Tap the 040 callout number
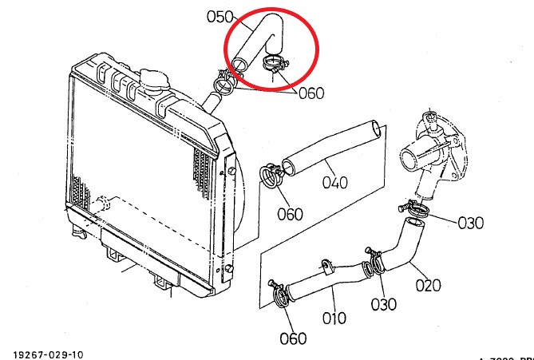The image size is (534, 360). tap(335, 182)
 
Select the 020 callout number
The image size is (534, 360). tap(428, 285)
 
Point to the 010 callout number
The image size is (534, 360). tap(334, 318)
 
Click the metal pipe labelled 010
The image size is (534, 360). tap(319, 281)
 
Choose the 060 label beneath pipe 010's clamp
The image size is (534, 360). tap(293, 338)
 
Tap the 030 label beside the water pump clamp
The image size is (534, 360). tap(470, 223)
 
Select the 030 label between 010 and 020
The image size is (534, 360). tap(384, 304)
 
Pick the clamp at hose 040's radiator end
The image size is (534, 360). tap(271, 176)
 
